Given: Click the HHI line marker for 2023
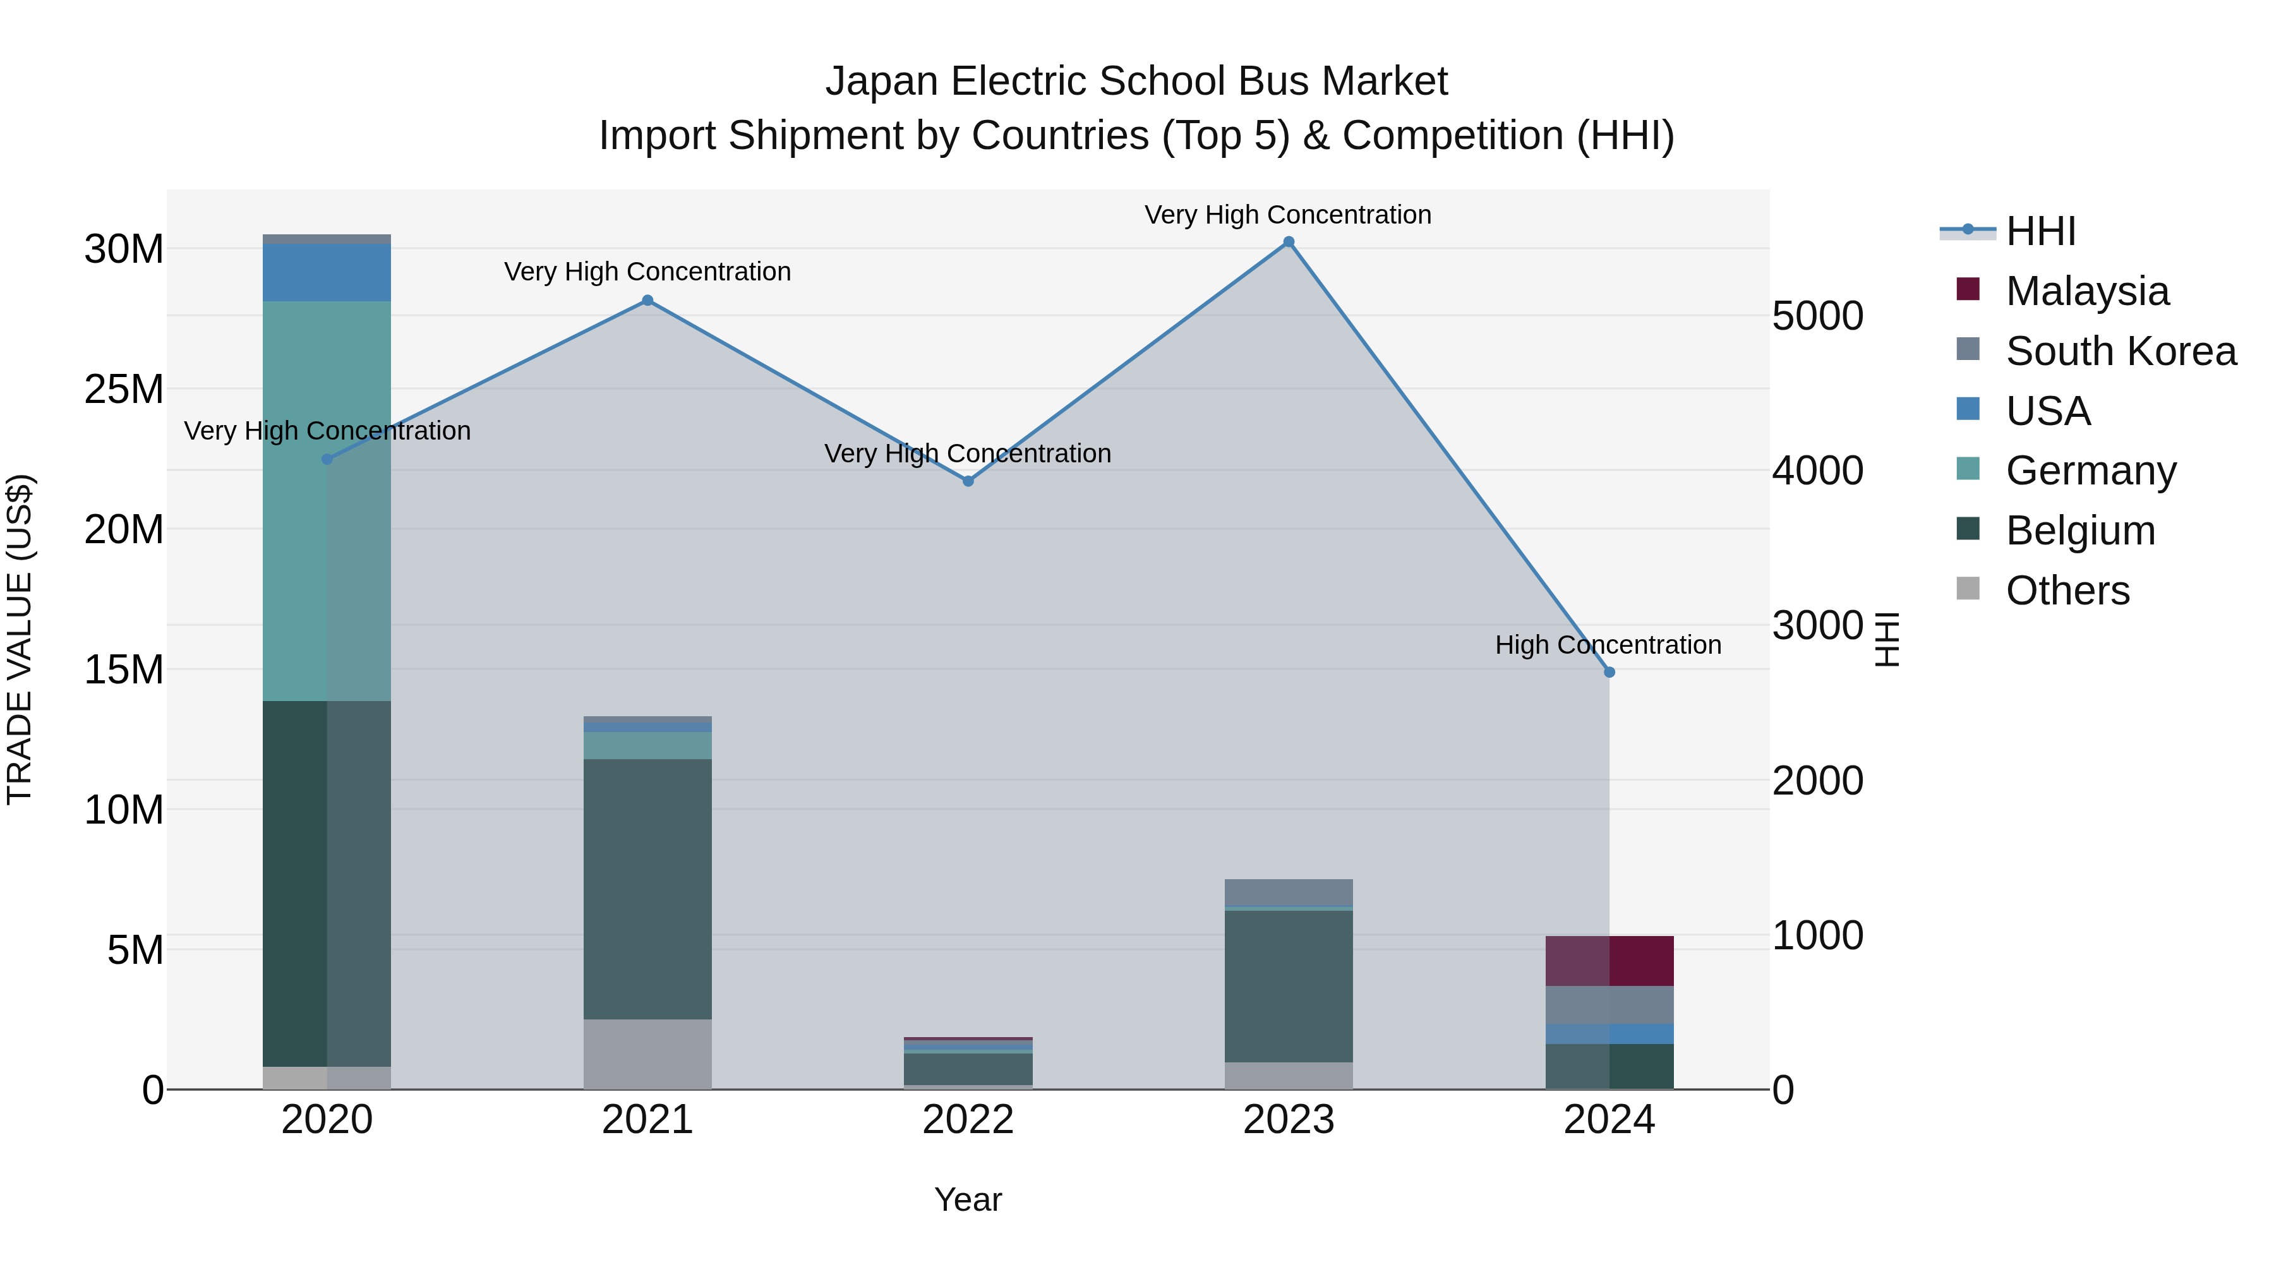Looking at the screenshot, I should pos(1288,242).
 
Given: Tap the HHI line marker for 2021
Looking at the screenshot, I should pos(647,300).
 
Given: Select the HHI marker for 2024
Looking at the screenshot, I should pos(1608,673).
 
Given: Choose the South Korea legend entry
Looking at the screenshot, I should pos(2119,351).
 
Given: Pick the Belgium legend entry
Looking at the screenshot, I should pos(2080,531).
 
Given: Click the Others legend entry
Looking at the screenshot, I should pos(2067,591).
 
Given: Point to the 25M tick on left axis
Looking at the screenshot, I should pos(124,389).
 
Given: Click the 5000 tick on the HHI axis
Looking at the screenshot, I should pos(1817,316).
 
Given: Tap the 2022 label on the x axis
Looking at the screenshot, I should pos(968,1120).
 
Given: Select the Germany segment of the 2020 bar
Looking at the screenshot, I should pos(327,500).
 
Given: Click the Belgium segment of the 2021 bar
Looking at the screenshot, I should pos(647,889).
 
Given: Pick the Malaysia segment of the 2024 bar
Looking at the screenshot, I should pos(1608,960).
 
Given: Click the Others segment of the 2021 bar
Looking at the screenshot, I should pos(647,1054).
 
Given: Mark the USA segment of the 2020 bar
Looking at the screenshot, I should pos(327,272).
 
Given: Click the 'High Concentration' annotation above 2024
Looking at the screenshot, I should pos(1608,646).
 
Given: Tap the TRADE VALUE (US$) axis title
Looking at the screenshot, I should pos(20,639).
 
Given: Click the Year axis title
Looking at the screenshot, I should pos(968,1199).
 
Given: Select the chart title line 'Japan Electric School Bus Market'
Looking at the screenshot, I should pos(1136,81).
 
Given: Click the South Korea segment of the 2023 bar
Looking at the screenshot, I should pos(1288,892).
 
